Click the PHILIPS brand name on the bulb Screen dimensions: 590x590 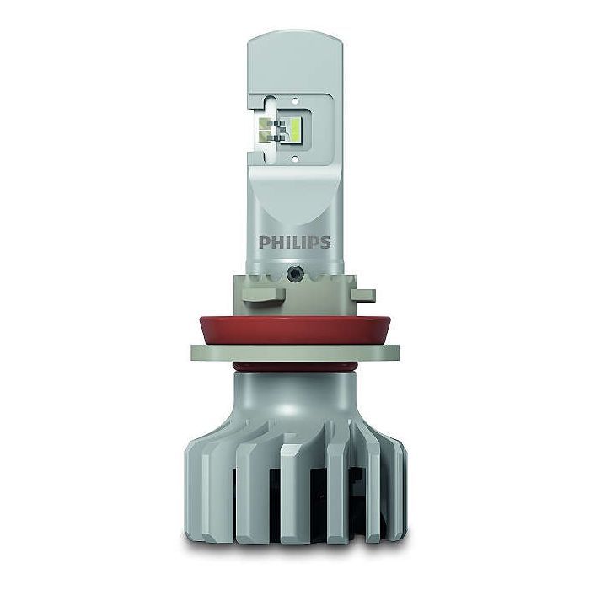click(x=295, y=243)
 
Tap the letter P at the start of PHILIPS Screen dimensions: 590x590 click(x=264, y=243)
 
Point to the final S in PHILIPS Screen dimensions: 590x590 click(x=325, y=243)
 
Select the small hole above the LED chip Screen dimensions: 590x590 click(x=295, y=101)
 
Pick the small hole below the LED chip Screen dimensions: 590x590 click(x=295, y=158)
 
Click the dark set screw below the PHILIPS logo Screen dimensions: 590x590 click(x=293, y=274)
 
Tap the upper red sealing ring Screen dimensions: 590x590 click(x=295, y=330)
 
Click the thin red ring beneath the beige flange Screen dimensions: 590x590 click(x=295, y=367)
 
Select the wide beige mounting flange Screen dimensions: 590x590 click(x=295, y=353)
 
